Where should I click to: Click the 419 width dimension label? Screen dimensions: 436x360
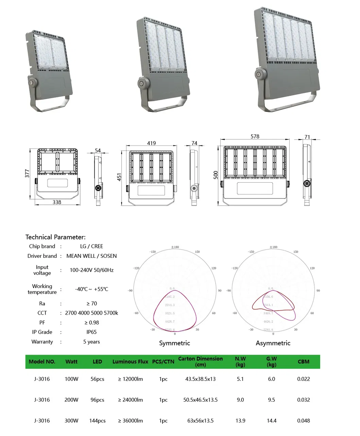click(151, 143)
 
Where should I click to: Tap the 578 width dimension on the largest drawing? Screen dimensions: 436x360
click(255, 136)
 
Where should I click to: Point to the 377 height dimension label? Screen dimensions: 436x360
click(27, 173)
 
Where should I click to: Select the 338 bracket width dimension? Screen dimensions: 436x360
click(57, 202)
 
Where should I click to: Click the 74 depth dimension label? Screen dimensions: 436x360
click(194, 143)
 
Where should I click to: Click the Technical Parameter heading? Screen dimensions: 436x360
click(55, 237)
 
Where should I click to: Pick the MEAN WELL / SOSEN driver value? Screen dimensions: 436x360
click(91, 256)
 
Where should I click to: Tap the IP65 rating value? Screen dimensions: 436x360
click(91, 332)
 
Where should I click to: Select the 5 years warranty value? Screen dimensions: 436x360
click(91, 341)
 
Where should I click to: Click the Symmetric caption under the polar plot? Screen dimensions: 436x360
click(174, 343)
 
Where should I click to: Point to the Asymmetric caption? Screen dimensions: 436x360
click(273, 343)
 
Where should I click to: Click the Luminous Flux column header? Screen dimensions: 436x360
click(130, 362)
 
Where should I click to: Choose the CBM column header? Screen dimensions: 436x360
click(303, 362)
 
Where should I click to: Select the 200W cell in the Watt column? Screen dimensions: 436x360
click(71, 400)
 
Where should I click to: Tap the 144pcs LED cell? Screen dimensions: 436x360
click(97, 421)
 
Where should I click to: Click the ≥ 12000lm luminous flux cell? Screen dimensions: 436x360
click(130, 379)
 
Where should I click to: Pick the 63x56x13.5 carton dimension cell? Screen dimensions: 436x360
click(200, 421)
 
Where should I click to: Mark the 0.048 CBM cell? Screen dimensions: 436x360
click(303, 421)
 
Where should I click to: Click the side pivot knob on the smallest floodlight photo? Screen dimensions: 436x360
click(33, 82)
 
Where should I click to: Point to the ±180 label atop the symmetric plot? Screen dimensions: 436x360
click(175, 247)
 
